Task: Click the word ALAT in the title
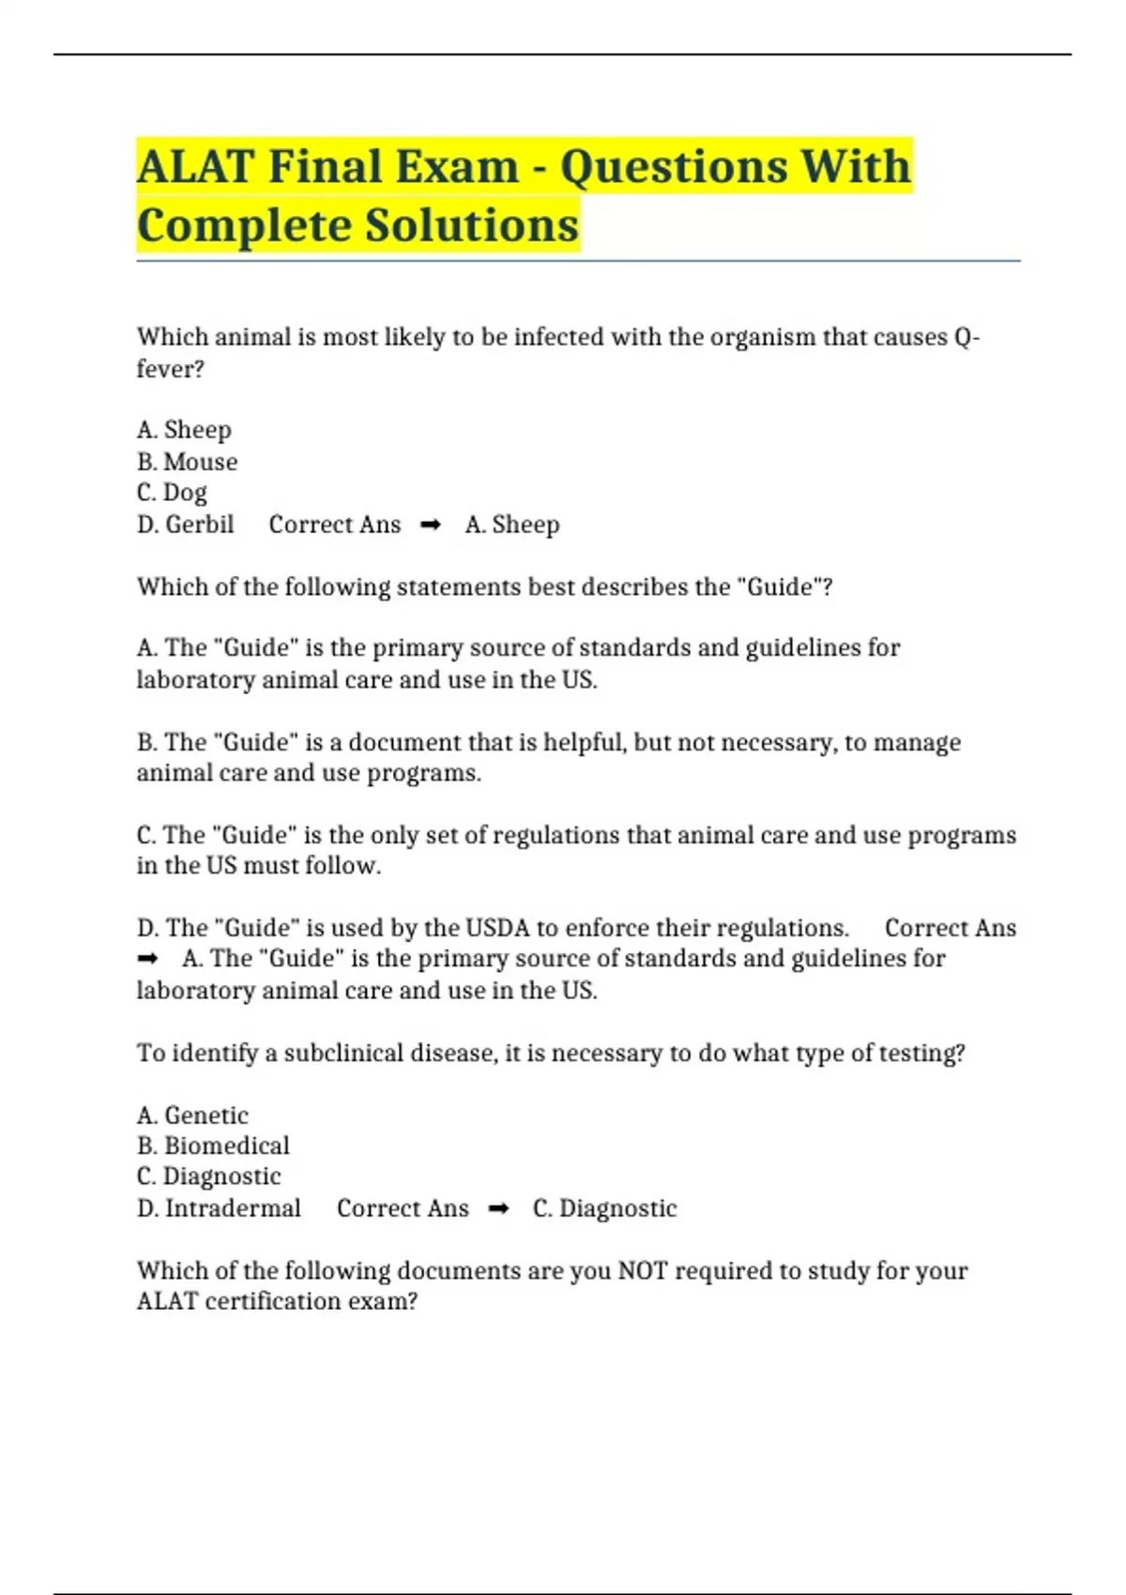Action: click(195, 167)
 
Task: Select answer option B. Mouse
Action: click(187, 462)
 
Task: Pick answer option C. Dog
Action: click(172, 493)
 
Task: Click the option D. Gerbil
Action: click(185, 524)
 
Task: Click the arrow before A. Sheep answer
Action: click(431, 525)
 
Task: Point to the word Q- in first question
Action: click(966, 337)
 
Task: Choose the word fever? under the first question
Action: click(170, 369)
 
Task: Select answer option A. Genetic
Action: click(192, 1116)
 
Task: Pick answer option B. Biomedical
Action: click(213, 1146)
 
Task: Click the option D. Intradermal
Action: click(219, 1208)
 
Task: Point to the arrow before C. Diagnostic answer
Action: click(498, 1209)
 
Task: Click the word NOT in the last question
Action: click(642, 1270)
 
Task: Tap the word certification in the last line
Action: click(281, 1301)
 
